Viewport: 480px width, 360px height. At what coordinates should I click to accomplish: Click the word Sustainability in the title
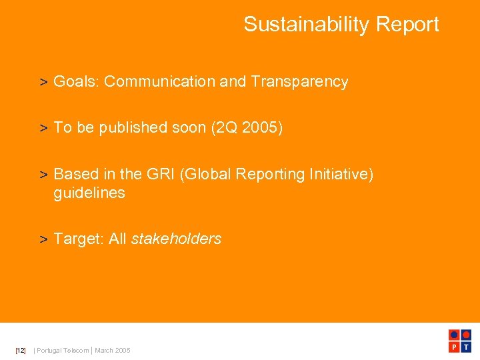coord(307,25)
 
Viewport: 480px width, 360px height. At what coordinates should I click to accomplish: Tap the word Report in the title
coord(407,25)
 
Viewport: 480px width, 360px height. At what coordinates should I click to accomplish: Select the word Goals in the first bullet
coord(75,82)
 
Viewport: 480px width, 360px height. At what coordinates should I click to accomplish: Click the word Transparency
coord(299,82)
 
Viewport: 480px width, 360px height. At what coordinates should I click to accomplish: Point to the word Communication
coord(159,82)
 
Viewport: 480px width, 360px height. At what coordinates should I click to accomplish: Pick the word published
coord(130,127)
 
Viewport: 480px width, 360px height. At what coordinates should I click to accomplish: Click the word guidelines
coord(89,193)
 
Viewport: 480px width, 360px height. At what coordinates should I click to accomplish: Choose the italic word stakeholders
coord(176,239)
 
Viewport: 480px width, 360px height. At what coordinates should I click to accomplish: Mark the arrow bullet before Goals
coord(43,83)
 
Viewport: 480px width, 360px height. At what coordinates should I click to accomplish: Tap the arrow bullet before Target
coord(43,239)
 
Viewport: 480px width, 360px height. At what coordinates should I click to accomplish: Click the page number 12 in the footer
coord(21,351)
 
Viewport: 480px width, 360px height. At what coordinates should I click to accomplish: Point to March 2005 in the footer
coord(113,351)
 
